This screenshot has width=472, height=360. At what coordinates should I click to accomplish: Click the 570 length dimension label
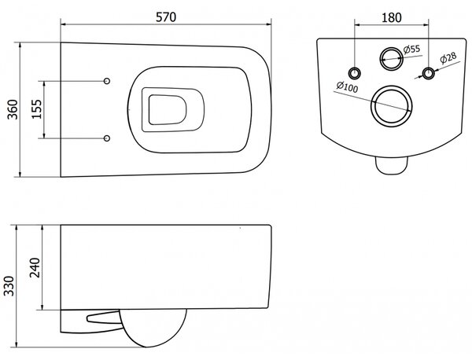[166, 17]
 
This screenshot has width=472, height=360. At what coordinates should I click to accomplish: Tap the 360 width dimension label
[13, 109]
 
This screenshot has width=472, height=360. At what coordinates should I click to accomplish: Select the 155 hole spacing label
[37, 109]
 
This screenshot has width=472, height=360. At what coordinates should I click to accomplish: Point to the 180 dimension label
[391, 17]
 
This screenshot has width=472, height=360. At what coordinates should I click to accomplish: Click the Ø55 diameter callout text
[411, 49]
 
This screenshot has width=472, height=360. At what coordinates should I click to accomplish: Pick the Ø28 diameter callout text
[448, 58]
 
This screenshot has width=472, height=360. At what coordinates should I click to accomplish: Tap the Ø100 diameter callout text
[347, 87]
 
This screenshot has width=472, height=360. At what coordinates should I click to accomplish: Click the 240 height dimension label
[35, 267]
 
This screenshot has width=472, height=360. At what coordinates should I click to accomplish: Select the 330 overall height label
[9, 286]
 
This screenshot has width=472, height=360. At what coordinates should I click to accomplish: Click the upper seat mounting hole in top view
[106, 81]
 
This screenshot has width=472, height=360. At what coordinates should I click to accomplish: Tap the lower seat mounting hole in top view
[106, 138]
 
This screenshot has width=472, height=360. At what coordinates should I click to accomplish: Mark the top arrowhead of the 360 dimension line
[20, 45]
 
